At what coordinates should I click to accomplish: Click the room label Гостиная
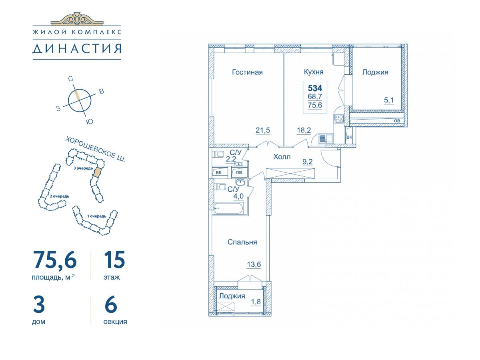pyautogui.click(x=247, y=72)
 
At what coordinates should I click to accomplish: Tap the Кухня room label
pyautogui.click(x=314, y=72)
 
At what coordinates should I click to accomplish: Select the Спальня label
pyautogui.click(x=242, y=242)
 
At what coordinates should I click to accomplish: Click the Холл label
pyautogui.click(x=282, y=157)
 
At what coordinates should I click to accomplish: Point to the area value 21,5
pyautogui.click(x=263, y=130)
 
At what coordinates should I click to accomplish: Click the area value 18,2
pyautogui.click(x=304, y=130)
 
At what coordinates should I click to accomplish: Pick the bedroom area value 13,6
pyautogui.click(x=254, y=264)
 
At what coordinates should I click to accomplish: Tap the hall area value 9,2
pyautogui.click(x=308, y=162)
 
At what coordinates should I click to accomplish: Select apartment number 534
pyautogui.click(x=315, y=88)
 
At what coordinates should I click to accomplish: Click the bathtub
pyautogui.click(x=229, y=208)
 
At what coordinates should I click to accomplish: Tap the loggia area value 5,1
pyautogui.click(x=389, y=100)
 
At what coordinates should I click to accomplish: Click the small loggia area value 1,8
pyautogui.click(x=256, y=302)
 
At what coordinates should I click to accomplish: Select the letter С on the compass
pyautogui.click(x=70, y=79)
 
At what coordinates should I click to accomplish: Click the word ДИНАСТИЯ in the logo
pyautogui.click(x=77, y=48)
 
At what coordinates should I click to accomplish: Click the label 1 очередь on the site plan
pyautogui.click(x=97, y=216)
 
